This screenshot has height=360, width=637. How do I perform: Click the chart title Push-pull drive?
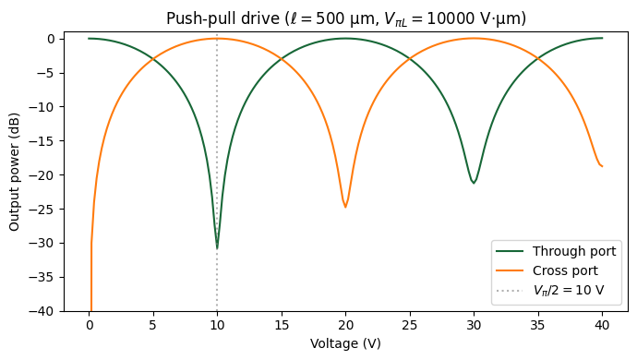[x=346, y=18]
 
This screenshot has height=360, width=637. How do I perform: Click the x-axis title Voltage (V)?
[x=346, y=342]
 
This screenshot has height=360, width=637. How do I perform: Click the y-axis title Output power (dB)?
[x=15, y=174]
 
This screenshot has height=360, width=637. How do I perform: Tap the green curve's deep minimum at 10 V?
[x=217, y=247]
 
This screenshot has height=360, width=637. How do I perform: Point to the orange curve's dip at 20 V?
[x=345, y=207]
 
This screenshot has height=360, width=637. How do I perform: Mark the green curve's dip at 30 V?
[x=474, y=183]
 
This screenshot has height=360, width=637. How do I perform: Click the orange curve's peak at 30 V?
[x=474, y=38]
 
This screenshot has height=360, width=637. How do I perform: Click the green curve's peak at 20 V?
[x=345, y=38]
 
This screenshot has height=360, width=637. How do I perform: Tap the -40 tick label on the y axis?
[x=45, y=311]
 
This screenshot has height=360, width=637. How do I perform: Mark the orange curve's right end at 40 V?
[x=602, y=166]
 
